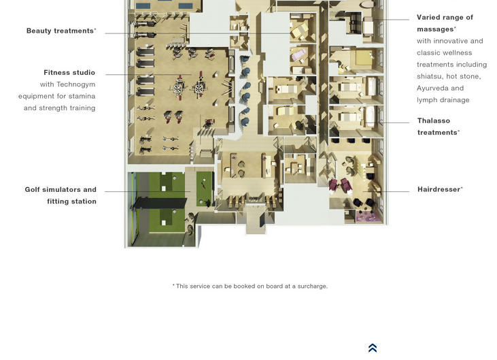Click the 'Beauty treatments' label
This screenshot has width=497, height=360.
click(x=61, y=31)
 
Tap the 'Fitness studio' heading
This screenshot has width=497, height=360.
click(x=69, y=73)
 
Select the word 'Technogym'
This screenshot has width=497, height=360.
click(x=75, y=84)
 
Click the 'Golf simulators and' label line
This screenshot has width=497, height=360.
click(x=61, y=190)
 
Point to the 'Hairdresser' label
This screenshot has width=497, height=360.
click(x=440, y=189)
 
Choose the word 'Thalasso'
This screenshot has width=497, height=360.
click(x=434, y=121)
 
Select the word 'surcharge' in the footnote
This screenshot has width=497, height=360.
click(x=312, y=287)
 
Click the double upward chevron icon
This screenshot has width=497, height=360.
click(x=373, y=348)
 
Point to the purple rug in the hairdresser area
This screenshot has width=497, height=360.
click(x=366, y=216)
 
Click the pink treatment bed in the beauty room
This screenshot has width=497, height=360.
click(x=299, y=55)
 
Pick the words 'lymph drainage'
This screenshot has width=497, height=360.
click(x=443, y=100)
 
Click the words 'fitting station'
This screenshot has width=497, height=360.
click(x=71, y=201)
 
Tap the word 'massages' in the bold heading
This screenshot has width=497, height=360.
click(x=436, y=29)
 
